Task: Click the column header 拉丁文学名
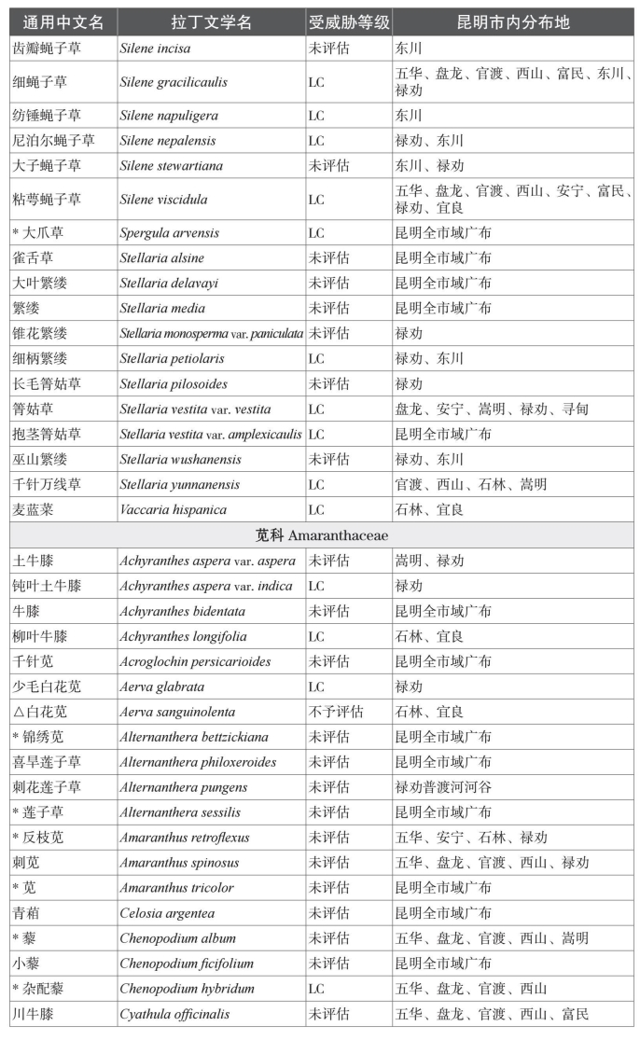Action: tap(211, 22)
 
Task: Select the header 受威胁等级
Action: tap(348, 22)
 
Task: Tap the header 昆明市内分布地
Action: tap(513, 22)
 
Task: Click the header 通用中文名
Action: tap(63, 22)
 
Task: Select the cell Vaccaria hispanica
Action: tap(174, 510)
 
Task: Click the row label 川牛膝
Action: tap(34, 1015)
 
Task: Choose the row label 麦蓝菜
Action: tap(34, 510)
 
